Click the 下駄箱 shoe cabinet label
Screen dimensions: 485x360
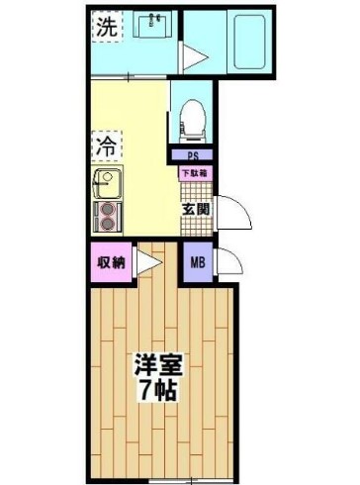[x=194, y=174]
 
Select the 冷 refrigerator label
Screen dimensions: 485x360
[x=105, y=146]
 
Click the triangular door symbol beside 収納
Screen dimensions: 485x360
[x=148, y=262]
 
